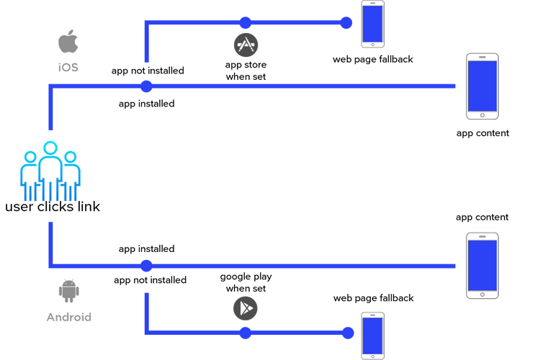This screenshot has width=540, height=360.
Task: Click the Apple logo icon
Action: [68, 44]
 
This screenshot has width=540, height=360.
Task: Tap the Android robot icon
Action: [68, 292]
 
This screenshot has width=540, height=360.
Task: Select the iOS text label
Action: [68, 67]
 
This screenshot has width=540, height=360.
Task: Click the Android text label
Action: [68, 317]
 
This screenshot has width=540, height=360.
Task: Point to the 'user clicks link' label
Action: [52, 207]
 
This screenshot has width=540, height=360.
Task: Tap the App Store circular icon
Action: [246, 45]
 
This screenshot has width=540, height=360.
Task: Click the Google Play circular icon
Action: [246, 307]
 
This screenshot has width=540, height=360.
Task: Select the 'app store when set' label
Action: [246, 71]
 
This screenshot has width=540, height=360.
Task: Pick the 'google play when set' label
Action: [246, 282]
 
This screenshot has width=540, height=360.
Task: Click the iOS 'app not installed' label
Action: [148, 71]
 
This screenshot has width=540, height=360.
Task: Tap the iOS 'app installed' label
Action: [147, 104]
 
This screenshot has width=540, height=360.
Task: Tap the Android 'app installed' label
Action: [147, 248]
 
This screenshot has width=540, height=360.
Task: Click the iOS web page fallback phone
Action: [372, 24]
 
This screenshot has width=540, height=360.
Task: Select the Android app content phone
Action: [482, 265]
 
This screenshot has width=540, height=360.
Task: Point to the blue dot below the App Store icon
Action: [246, 21]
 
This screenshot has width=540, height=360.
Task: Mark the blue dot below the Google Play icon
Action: [246, 333]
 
